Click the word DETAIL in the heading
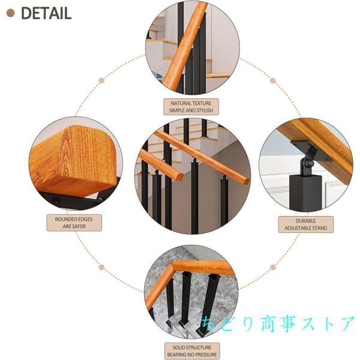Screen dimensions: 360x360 click(46, 13)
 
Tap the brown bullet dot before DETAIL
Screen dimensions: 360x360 click(10, 13)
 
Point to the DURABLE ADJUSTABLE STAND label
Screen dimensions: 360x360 click(306, 224)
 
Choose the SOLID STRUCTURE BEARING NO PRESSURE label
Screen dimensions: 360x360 click(191, 350)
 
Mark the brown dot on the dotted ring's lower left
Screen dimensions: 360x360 click(103, 266)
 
